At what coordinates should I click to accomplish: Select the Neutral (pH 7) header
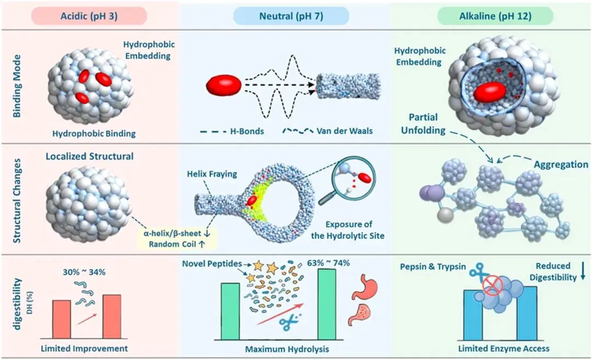click(291, 16)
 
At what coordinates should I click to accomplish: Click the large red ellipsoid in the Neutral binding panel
click(224, 85)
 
